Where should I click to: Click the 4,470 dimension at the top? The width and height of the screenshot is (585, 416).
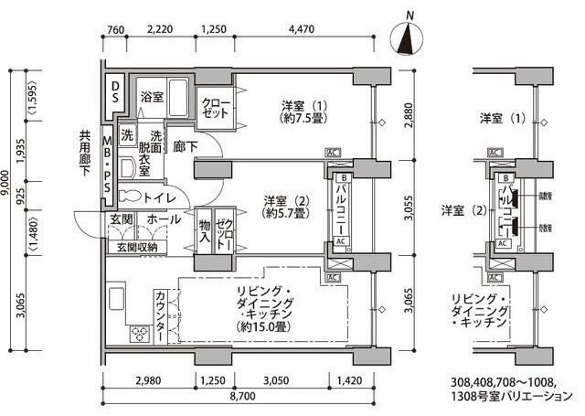[x=301, y=28]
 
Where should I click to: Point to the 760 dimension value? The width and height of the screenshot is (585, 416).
[x=114, y=28]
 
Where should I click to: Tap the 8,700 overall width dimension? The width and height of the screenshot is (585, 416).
[x=241, y=398]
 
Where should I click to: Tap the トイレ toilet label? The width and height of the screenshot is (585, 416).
[x=159, y=197]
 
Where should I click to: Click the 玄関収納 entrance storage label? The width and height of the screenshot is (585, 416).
[x=137, y=247]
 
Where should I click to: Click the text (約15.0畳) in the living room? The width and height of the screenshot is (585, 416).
[x=263, y=326]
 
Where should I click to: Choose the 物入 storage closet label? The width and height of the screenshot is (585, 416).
[x=203, y=232]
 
